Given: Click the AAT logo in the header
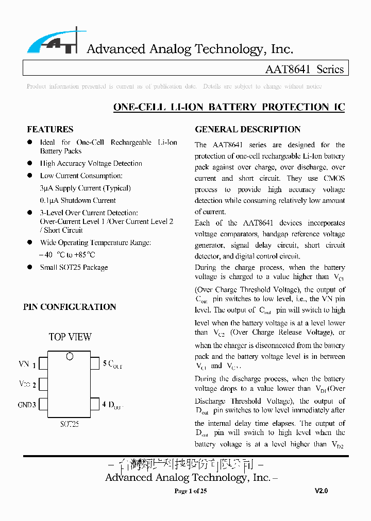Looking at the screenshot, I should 53,42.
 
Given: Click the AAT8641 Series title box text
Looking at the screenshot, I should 304,69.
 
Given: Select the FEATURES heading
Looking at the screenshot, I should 50,129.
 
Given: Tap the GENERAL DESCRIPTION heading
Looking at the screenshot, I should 247,129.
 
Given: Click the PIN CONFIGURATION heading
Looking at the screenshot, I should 70,307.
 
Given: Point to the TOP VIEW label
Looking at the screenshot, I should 70,337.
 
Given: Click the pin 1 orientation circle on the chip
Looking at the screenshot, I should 70,356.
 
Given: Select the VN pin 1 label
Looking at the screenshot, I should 27,364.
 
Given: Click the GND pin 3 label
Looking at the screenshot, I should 27,405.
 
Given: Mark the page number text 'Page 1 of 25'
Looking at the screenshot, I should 191,491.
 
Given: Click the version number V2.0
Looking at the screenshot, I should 321,491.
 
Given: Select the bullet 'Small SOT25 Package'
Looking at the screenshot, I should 74,267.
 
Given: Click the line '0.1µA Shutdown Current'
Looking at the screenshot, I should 78,200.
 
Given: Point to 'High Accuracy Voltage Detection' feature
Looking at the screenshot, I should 91,163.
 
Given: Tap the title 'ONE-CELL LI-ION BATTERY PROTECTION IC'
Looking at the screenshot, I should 229,107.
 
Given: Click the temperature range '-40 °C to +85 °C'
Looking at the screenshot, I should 67,255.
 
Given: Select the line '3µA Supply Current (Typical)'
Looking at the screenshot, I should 85,188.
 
